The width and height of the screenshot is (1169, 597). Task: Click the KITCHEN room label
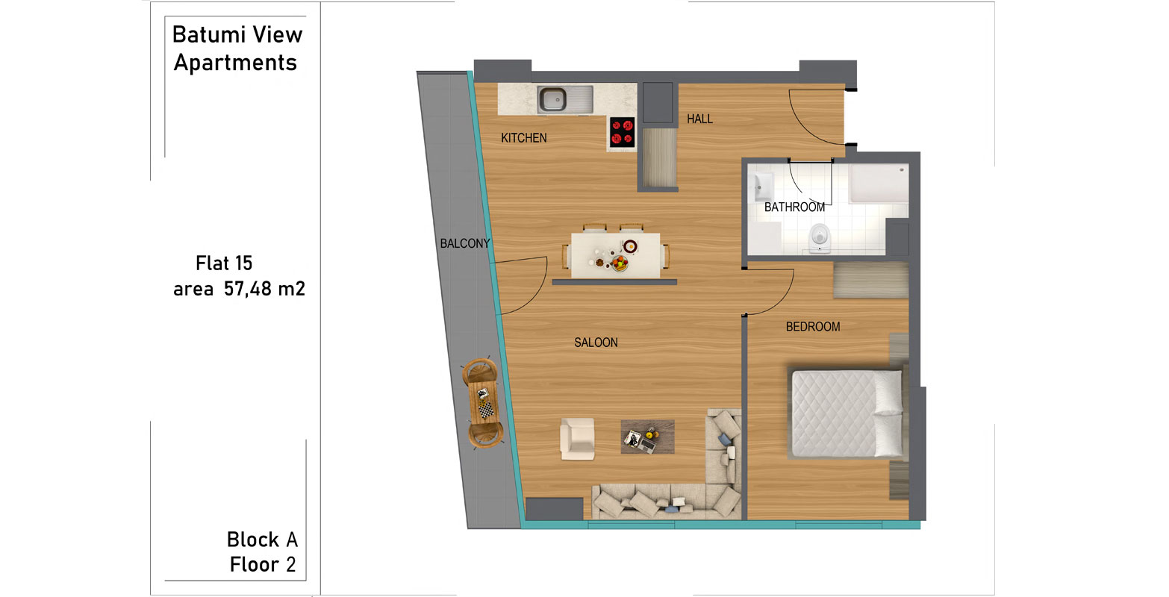524,138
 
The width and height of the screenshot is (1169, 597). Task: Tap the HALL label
700,119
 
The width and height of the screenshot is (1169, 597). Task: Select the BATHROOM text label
794,207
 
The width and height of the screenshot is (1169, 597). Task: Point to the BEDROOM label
813,327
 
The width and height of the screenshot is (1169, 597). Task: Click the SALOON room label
596,343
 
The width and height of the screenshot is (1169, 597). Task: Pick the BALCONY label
465,243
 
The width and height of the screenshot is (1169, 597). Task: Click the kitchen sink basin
552,99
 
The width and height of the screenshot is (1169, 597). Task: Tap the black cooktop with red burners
622,131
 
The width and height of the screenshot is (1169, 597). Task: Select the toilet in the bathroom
820,239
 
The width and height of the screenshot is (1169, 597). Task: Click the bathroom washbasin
762,186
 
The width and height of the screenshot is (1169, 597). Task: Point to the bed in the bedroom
847,414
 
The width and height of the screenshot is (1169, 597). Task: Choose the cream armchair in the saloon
577,439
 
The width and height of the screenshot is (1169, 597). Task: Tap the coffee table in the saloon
648,437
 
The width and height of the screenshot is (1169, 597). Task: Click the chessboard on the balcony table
487,410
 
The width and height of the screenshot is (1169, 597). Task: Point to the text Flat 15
224,263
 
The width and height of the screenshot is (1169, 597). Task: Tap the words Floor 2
263,564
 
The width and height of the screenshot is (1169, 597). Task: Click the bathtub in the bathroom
879,184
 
